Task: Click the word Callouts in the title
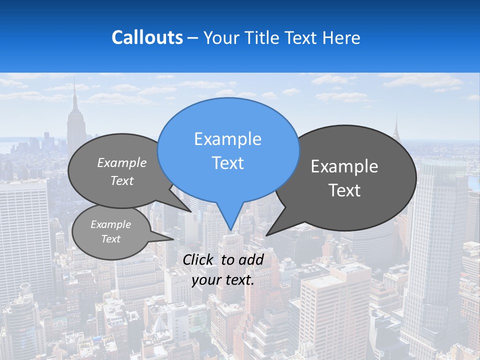[147, 38]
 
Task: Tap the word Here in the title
[342, 38]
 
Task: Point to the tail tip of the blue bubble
[230, 229]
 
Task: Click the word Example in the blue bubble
[228, 139]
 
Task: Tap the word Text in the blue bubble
[228, 163]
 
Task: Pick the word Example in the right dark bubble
[344, 166]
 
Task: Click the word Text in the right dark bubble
[344, 190]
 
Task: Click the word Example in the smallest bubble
[110, 224]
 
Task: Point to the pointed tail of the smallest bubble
[173, 239]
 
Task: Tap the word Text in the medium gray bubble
[122, 181]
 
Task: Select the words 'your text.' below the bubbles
[223, 280]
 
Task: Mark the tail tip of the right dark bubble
[267, 234]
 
